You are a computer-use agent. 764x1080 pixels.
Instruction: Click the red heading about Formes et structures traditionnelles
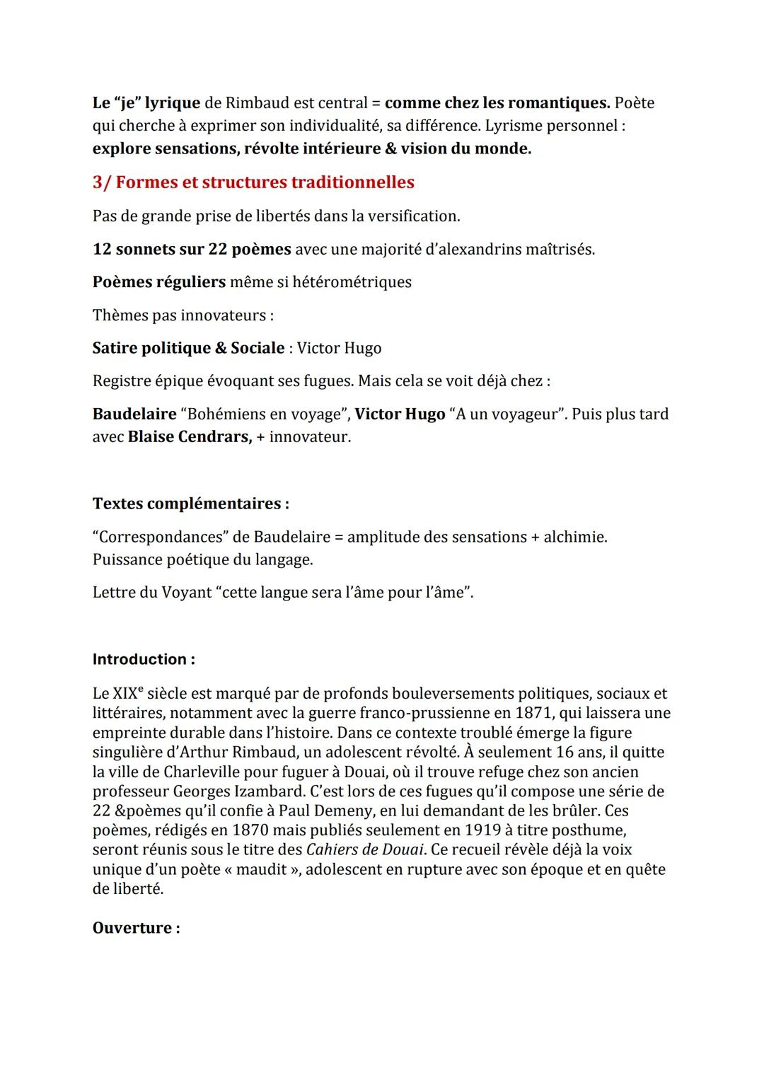coord(253,182)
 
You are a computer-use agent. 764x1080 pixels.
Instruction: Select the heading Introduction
coord(144,659)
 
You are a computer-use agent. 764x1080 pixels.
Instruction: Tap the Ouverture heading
coord(136,928)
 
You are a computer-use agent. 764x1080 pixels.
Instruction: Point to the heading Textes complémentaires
coord(190,504)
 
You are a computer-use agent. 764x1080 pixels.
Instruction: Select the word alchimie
coord(574,537)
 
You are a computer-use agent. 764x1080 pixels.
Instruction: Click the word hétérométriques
coord(352,282)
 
